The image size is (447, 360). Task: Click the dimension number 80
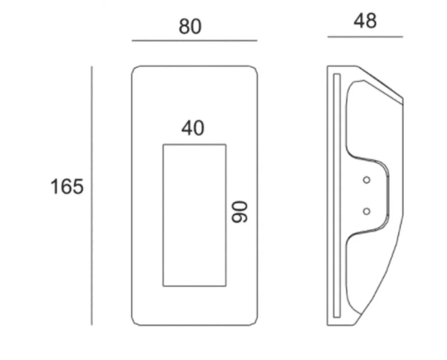click(190, 26)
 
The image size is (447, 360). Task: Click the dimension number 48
click(365, 21)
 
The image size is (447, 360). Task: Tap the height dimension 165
click(67, 187)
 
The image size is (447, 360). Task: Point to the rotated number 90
click(240, 212)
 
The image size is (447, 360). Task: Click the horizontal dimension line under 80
click(194, 41)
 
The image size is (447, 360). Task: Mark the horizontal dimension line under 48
click(365, 37)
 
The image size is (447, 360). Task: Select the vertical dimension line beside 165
click(92, 196)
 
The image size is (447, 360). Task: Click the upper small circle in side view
click(367, 180)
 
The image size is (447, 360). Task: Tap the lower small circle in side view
click(367, 211)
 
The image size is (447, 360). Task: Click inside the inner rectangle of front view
click(194, 215)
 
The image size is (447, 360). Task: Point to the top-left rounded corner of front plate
click(135, 69)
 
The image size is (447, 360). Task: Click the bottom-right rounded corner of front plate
click(255, 322)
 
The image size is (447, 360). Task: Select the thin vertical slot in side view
click(337, 195)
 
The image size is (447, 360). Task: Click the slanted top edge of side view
click(380, 82)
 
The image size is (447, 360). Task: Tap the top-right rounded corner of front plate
click(255, 69)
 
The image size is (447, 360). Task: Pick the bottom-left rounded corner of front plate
click(135, 322)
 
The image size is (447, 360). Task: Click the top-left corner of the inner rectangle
click(163, 145)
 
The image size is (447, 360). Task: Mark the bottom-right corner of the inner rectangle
click(226, 286)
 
